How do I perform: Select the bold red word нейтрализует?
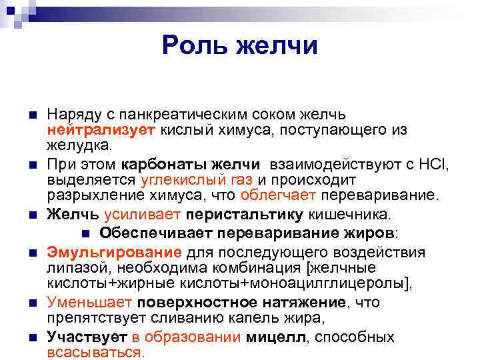(87, 129)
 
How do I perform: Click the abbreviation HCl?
(434, 165)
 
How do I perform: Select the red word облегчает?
(279, 195)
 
